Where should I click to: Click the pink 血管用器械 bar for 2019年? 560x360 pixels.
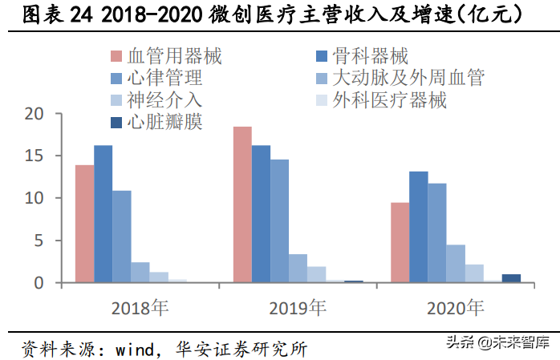click(x=241, y=204)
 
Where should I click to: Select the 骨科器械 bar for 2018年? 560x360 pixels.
click(x=103, y=214)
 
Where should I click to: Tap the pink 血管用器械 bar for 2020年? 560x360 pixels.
click(x=400, y=242)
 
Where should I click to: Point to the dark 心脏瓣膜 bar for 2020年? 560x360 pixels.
click(x=511, y=278)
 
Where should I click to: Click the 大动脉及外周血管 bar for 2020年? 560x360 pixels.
click(x=455, y=264)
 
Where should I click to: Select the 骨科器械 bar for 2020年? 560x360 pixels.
click(x=418, y=227)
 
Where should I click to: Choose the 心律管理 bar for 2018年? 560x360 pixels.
click(x=121, y=237)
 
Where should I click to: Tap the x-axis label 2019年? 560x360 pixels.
click(x=298, y=307)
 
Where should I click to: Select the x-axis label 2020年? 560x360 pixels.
click(x=455, y=307)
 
